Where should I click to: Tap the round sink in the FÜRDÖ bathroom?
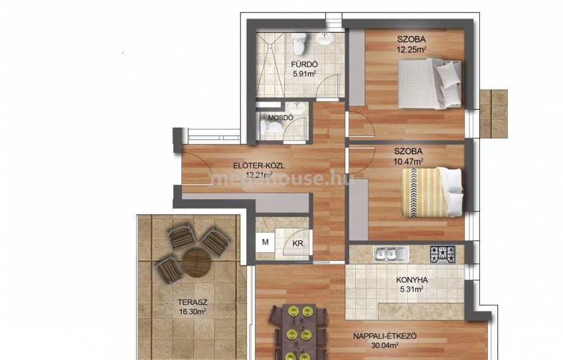326,39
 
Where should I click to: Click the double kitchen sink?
391,254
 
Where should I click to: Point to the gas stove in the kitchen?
443,254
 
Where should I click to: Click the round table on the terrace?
196,264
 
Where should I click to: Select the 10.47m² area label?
408,161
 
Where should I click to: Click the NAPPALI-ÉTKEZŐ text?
385,336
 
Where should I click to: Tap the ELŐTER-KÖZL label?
259,166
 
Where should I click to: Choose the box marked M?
266,242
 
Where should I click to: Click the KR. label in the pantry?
298,244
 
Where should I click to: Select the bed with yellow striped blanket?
432,192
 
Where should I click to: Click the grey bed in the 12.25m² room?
430,84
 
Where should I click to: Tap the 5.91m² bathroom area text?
305,74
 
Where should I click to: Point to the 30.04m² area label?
385,346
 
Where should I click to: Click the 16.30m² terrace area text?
193,312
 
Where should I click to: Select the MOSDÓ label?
281,118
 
